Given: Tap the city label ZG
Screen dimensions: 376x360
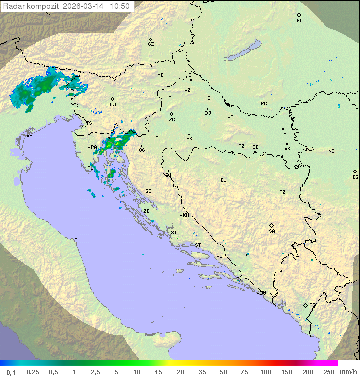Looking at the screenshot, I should click(172, 120).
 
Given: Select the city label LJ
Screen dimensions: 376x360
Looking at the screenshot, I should click(113, 105).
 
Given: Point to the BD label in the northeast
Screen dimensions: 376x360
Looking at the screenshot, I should click(299, 21).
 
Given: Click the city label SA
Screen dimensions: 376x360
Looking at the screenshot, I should click(272, 231).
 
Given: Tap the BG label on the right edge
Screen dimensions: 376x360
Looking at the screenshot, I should click(355, 177).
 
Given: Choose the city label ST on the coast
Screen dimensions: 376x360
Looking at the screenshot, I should click(198, 245).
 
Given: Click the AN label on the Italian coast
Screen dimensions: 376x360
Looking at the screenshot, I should click(77, 240).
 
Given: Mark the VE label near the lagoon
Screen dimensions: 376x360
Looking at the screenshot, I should click(29, 136).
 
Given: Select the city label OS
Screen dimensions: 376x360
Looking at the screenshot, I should click(283, 134).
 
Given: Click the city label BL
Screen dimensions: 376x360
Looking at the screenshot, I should click(223, 180).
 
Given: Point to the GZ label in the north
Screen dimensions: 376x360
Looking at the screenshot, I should click(151, 44).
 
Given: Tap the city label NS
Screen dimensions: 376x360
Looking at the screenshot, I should click(331, 151).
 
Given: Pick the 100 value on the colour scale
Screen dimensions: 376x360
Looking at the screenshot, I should click(265, 372).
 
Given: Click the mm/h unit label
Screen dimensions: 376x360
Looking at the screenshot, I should click(348, 372).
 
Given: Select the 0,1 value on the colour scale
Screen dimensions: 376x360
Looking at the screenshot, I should click(11, 372).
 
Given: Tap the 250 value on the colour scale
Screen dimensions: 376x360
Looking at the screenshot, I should click(329, 372).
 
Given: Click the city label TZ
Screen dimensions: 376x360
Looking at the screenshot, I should click(283, 192).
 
